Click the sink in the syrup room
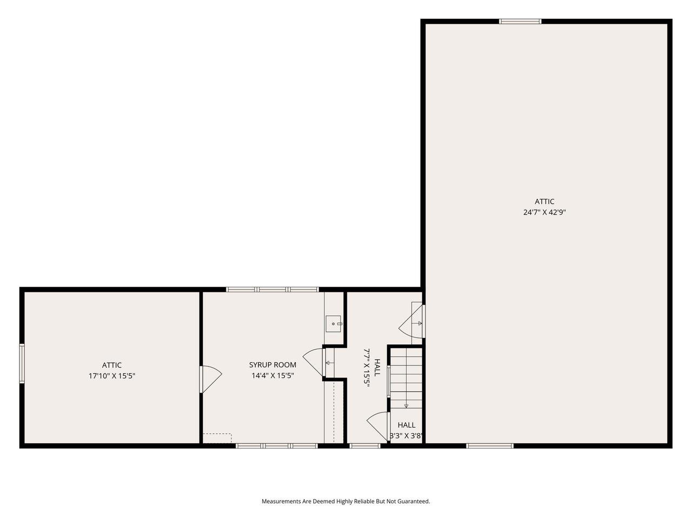pos(334,324)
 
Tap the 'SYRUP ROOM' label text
pos(272,365)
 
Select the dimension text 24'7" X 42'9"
pos(545,212)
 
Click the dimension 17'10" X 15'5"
pos(112,376)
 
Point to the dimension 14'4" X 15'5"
pos(272,376)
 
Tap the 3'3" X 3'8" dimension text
pos(406,435)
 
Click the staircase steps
pos(405,373)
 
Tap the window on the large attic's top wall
pos(520,22)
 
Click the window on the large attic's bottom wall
pos(490,446)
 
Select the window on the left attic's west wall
pos(22,363)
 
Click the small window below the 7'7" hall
pos(365,446)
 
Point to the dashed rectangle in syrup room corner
pos(217,438)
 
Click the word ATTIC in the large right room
pos(545,202)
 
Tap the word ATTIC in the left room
pos(112,365)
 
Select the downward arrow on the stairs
pos(406,405)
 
